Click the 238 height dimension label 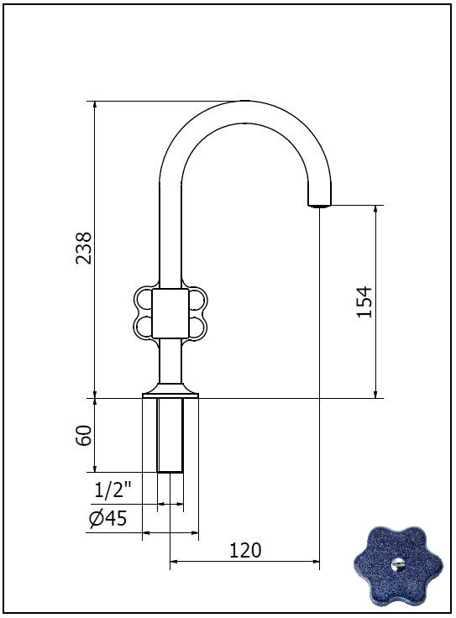[x=83, y=248]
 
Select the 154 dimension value [x=364, y=302]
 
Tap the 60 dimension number [x=83, y=435]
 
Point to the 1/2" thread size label [x=113, y=490]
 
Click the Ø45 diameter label [x=108, y=518]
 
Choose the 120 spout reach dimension [x=245, y=550]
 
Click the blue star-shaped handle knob [x=398, y=567]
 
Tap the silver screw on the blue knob [x=398, y=564]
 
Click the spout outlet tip [x=319, y=205]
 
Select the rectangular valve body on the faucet [x=170, y=313]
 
